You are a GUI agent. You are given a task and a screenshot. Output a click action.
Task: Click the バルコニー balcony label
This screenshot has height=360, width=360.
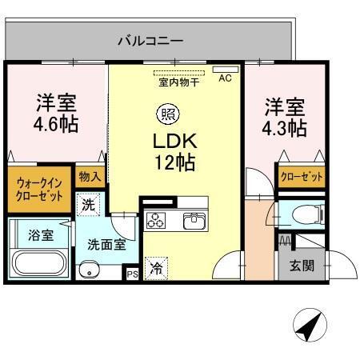(x=150, y=39)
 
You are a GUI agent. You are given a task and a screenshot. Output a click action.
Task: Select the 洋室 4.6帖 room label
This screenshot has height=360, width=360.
(x=56, y=114)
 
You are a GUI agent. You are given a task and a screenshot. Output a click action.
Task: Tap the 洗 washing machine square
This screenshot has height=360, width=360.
(x=89, y=204)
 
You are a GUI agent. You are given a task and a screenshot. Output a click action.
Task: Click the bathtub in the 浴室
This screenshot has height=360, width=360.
(x=40, y=262)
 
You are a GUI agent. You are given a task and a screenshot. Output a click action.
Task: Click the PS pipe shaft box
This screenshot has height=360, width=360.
(x=131, y=274)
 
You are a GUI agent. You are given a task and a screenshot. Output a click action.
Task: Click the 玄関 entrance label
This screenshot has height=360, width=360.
(x=302, y=266)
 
